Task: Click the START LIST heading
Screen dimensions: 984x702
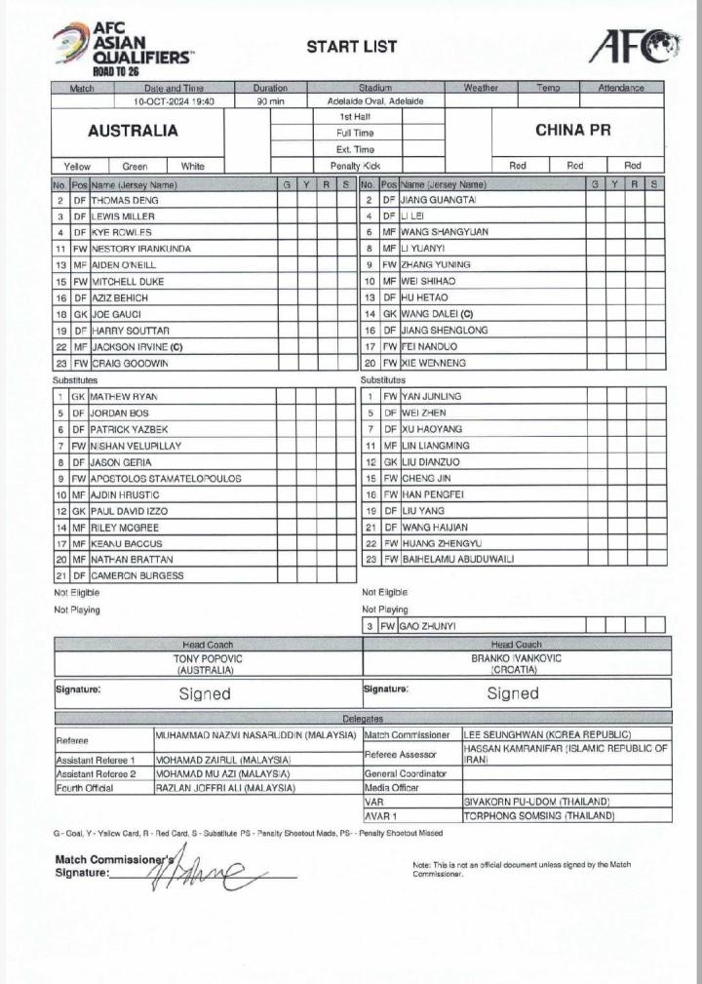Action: [x=338, y=46]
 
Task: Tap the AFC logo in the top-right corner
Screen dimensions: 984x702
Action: [x=633, y=46]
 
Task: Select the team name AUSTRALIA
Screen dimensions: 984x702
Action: [x=133, y=131]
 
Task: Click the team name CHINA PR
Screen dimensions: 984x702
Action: [x=573, y=130]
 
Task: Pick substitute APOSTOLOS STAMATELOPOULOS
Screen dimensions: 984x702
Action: [x=166, y=479]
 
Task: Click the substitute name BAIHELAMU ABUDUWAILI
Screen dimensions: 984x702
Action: [x=457, y=559]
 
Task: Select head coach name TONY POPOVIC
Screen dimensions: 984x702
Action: [x=206, y=658]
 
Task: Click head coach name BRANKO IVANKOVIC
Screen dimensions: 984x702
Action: [x=516, y=658]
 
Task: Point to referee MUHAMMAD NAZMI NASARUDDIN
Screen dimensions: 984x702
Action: [x=257, y=734]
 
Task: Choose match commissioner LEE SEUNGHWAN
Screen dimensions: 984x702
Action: [x=547, y=734]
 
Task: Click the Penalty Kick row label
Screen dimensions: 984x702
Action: [x=355, y=166]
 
